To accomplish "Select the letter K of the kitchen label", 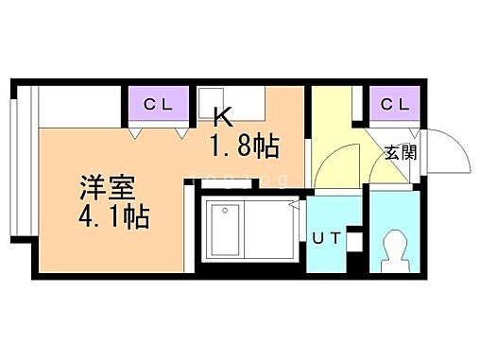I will (223, 117).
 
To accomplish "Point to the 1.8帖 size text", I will (243, 146).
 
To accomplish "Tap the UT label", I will (327, 239).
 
